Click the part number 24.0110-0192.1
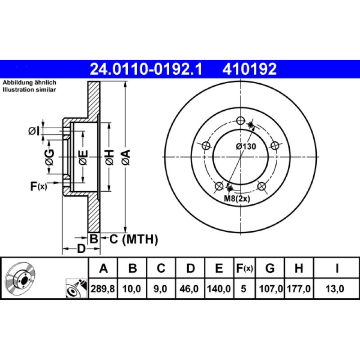pos(146,69)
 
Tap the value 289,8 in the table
pos(103,289)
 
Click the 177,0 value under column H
pos(298,289)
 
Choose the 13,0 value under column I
pos(337,289)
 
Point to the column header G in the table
pos(270,269)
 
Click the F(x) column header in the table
pos(245,269)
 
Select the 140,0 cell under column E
pos(218,289)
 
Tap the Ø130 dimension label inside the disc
pos(246,146)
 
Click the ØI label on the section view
pos(34,131)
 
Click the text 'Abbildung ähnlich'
pos(29,83)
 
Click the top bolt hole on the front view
pos(240,121)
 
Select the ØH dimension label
pos(109,158)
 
